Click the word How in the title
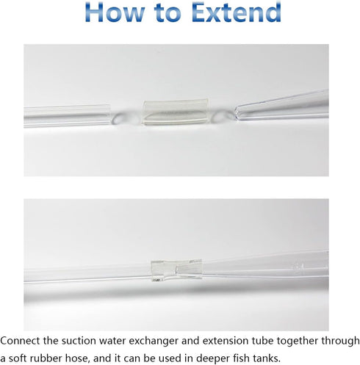115,12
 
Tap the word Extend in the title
237,12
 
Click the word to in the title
168,13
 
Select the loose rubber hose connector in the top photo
176,112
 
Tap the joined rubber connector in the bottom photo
176,270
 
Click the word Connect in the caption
20,341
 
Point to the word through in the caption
340,341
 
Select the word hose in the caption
76,359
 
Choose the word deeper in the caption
212,359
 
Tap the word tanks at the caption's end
265,358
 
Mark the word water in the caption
111,341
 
